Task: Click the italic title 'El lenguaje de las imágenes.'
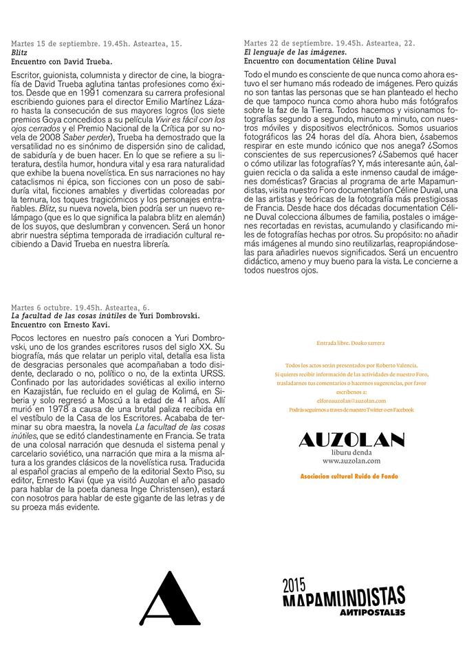click(295, 52)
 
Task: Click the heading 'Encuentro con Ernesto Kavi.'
click(60, 324)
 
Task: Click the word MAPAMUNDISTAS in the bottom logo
click(344, 597)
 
